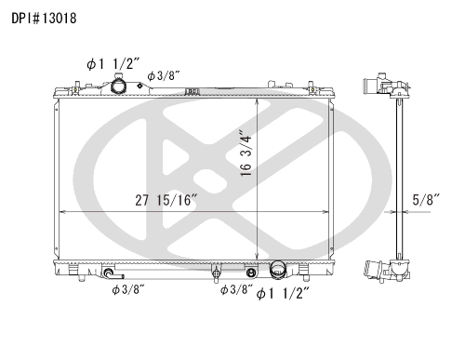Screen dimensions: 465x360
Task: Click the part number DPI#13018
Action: pyautogui.click(x=44, y=19)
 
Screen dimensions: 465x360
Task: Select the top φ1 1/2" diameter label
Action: pyautogui.click(x=113, y=64)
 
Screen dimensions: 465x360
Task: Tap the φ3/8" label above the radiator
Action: pyautogui.click(x=164, y=75)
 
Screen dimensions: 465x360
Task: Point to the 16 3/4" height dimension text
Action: pyautogui.click(x=246, y=155)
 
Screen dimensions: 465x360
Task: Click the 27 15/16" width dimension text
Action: pyautogui.click(x=166, y=200)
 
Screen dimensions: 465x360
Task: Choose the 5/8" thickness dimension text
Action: pyautogui.click(x=426, y=200)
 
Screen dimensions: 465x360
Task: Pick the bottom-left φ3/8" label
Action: pyautogui.click(x=128, y=289)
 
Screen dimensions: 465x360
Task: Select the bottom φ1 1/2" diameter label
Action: pyautogui.click(x=283, y=293)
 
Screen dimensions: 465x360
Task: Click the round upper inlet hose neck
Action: pyautogui.click(x=118, y=86)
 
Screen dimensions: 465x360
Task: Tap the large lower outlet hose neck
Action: pyautogui.click(x=277, y=269)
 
